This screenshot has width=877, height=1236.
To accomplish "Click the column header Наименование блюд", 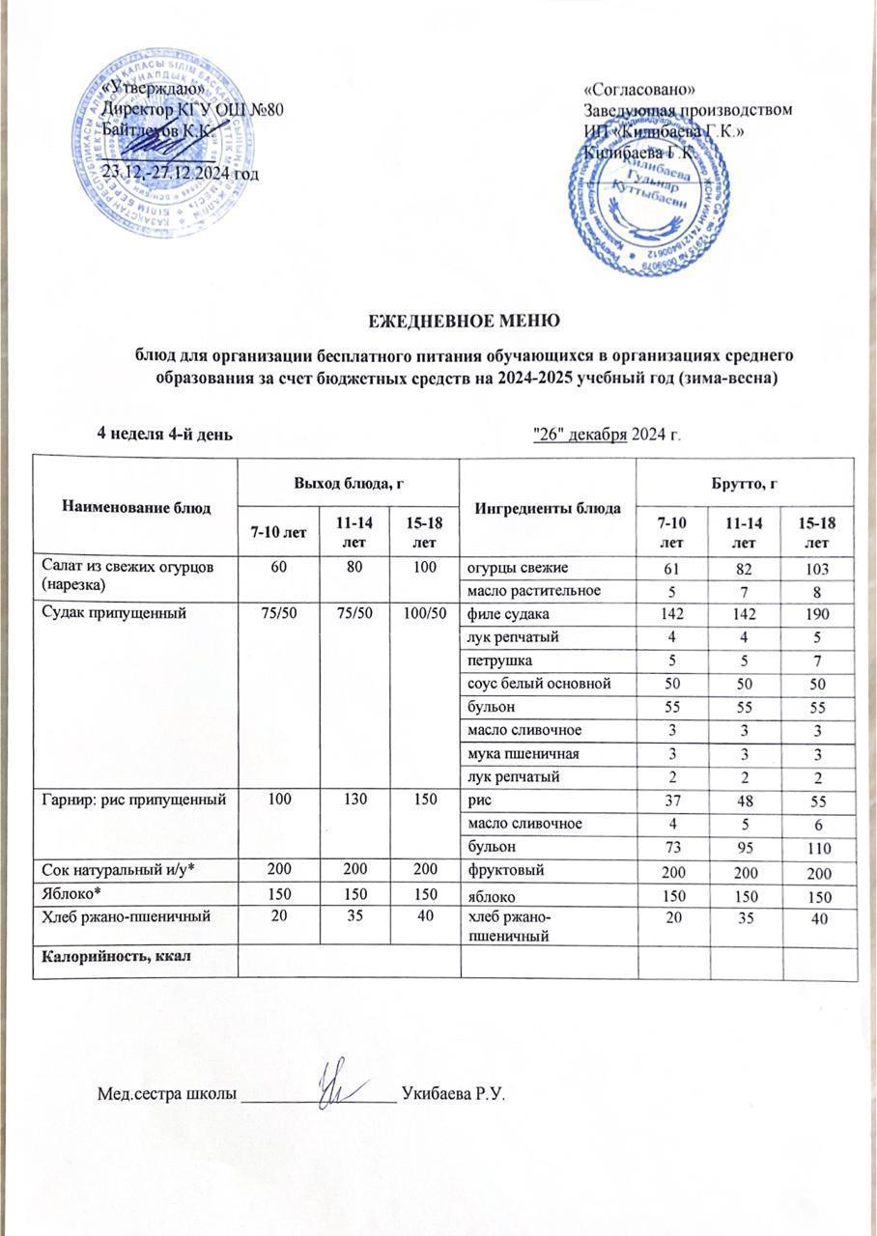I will point(136,507).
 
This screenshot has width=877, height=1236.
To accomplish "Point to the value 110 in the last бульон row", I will point(819,846).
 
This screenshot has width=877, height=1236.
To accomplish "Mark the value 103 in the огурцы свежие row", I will point(819,567).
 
